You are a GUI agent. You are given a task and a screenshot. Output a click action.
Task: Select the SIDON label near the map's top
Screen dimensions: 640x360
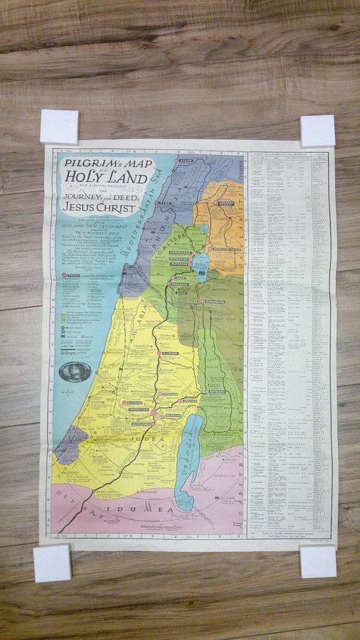186,161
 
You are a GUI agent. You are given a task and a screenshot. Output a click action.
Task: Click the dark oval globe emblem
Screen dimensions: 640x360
75,370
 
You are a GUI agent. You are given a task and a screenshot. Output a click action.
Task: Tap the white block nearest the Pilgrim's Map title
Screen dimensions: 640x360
59,127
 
